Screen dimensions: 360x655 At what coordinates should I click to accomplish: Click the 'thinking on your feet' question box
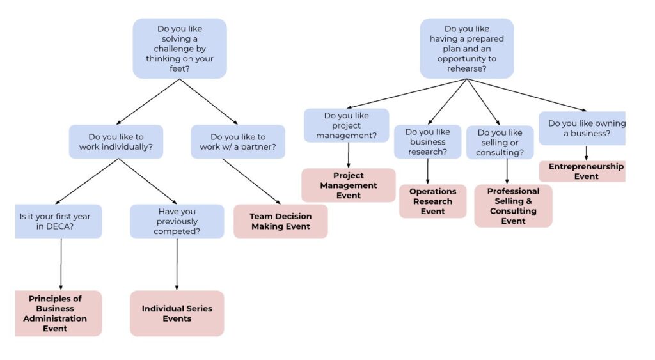click(180, 49)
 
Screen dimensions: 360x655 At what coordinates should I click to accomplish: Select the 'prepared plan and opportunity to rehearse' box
click(466, 49)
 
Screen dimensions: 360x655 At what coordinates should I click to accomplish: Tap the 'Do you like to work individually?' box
click(116, 141)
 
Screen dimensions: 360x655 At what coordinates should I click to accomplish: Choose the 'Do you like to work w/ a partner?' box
click(237, 141)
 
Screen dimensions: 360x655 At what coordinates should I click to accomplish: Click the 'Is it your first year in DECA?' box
click(58, 221)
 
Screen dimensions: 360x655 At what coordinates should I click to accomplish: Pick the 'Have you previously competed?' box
click(177, 221)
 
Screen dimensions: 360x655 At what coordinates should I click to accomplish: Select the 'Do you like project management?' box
click(347, 125)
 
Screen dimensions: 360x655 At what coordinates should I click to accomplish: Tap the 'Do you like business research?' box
click(427, 142)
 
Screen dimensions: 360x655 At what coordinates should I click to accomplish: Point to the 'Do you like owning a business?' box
click(582, 129)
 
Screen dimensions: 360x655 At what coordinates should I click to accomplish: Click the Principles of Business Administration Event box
click(58, 313)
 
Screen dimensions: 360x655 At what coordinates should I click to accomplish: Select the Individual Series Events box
click(177, 313)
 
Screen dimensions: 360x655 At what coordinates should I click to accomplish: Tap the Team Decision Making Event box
click(280, 221)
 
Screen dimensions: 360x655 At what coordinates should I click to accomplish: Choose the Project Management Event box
click(349, 185)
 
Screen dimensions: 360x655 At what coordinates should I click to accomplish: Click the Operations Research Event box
click(432, 201)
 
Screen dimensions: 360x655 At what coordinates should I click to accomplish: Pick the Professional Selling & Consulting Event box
click(513, 206)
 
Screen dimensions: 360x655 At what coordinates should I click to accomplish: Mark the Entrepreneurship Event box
click(583, 171)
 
